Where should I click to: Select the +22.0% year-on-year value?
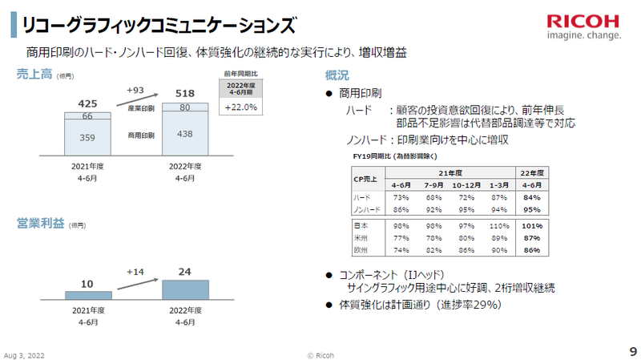click(x=240, y=107)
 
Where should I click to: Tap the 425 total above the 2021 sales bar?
click(x=88, y=103)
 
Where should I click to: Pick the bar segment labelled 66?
click(x=88, y=117)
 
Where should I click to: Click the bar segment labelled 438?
click(x=186, y=134)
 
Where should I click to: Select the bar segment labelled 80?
click(x=186, y=107)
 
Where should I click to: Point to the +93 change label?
click(x=135, y=89)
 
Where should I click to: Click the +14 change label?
click(x=135, y=273)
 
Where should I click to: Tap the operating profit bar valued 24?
click(x=186, y=289)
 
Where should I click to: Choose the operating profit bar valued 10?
click(x=88, y=295)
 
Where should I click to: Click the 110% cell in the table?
click(x=498, y=226)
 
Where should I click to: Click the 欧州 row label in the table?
click(x=361, y=250)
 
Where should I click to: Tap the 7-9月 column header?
click(x=433, y=184)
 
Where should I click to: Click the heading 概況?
click(x=337, y=75)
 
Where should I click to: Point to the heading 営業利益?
click(x=35, y=224)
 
